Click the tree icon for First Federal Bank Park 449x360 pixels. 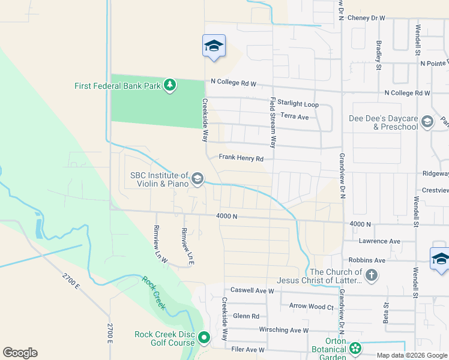[x=170, y=86]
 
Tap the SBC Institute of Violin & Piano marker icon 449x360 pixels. [x=197, y=178]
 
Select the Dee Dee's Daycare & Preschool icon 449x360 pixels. [x=427, y=122]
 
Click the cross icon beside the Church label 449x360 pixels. [x=372, y=276]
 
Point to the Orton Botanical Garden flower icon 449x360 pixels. [x=355, y=348]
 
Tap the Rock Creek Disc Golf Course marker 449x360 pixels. [x=203, y=338]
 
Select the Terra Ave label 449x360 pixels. [x=294, y=116]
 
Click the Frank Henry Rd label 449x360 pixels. [x=241, y=158]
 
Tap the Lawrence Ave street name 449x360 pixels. [x=379, y=241]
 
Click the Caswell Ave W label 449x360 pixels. [x=252, y=290]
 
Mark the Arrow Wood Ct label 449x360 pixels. [x=311, y=307]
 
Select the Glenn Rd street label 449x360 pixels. [x=246, y=316]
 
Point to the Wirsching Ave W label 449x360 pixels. [x=283, y=330]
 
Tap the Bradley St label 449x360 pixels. [x=379, y=55]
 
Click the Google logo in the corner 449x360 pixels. [x=20, y=353]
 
